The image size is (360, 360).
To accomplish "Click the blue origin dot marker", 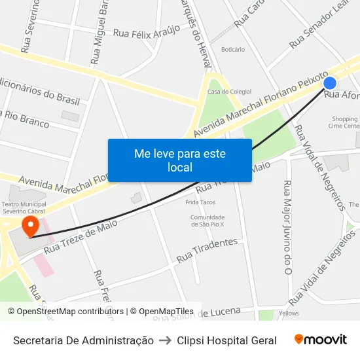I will tap(330, 83).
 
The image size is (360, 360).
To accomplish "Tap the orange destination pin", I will tap(30, 226).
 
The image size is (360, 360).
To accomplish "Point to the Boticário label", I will tap(233, 50).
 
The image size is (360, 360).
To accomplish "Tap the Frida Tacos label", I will tap(200, 202).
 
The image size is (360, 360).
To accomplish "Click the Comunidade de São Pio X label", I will tap(207, 221).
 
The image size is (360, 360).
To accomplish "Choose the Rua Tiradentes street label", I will tap(207, 250).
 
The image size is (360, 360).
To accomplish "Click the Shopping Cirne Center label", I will tap(344, 122).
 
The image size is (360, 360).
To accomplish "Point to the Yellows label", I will tap(289, 314).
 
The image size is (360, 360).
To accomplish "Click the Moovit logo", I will tap(321, 340).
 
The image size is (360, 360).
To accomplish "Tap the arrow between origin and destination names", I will tap(165, 340).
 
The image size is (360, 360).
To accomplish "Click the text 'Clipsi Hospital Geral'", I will tap(226, 340).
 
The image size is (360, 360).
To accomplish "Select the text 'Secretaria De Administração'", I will tap(83, 340).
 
